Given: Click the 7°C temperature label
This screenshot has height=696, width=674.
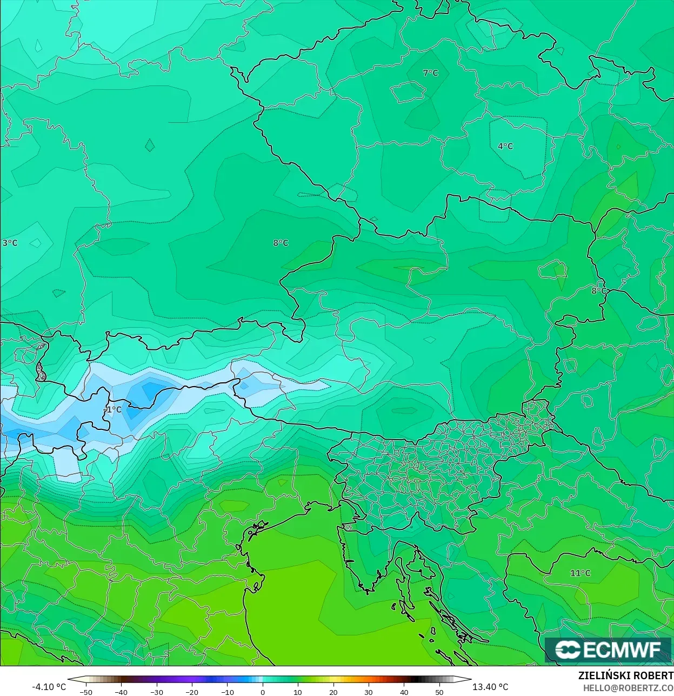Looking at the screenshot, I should (x=430, y=73).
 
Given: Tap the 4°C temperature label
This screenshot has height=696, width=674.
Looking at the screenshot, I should (x=505, y=147).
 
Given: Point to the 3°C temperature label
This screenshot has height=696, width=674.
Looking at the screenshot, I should (x=10, y=243).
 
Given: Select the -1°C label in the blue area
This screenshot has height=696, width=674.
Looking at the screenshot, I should (x=113, y=410).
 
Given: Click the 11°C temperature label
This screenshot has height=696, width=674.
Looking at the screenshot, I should (x=580, y=573).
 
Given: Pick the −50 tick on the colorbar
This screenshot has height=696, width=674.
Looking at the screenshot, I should (x=85, y=692).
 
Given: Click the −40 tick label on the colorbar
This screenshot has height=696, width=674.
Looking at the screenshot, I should (x=121, y=692).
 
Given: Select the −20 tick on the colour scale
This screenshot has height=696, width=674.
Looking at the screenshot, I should (x=192, y=692).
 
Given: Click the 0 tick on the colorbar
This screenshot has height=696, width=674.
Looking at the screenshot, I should (x=263, y=692).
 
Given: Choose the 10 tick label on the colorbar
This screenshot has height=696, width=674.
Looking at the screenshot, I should (x=298, y=692).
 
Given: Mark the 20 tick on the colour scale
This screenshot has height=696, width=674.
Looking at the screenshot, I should (x=333, y=692).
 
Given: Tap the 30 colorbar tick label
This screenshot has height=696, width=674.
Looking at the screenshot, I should (x=369, y=692).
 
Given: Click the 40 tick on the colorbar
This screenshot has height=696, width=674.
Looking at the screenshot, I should (x=404, y=692).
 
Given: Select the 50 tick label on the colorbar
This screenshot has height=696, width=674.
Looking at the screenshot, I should (x=439, y=692).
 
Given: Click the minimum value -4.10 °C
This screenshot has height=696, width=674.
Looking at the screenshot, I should (x=49, y=687).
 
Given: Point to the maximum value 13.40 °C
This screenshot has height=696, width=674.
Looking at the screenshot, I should (x=490, y=687).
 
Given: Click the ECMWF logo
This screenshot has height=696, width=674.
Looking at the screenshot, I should (x=608, y=649).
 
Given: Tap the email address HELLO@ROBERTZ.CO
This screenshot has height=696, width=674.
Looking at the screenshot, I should (x=628, y=688).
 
